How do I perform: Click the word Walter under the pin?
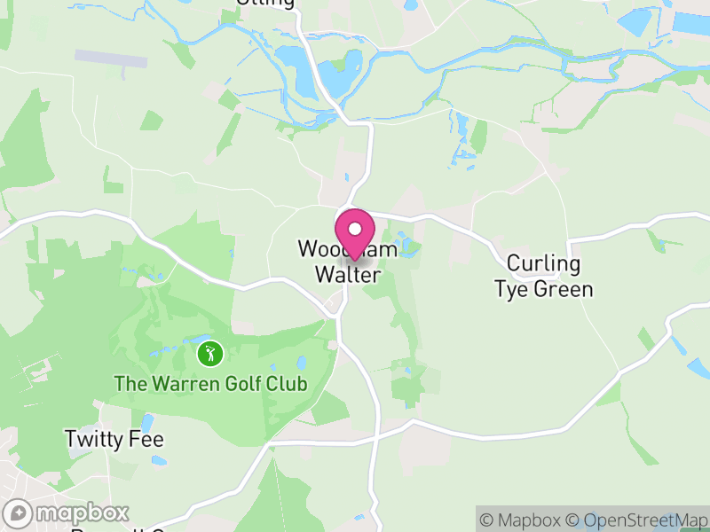(348, 276)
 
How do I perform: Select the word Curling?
(543, 263)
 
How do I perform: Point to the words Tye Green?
(543, 290)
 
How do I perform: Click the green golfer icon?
(209, 354)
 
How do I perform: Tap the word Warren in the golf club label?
(181, 385)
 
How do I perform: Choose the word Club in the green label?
(287, 385)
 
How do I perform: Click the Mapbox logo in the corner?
(67, 512)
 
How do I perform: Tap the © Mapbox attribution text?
(521, 520)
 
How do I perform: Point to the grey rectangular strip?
(111, 59)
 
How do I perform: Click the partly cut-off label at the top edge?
(265, 4)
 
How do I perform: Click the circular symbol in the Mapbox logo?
(19, 513)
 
